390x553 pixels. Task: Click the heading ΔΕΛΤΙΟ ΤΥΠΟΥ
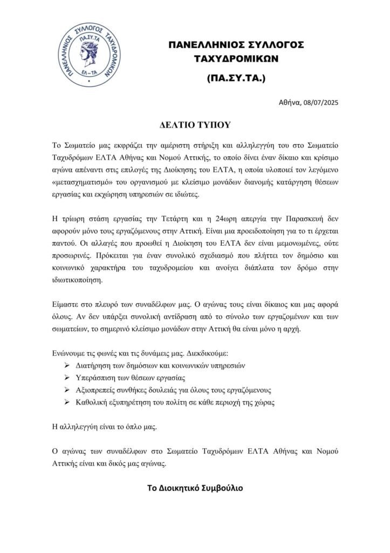(195, 125)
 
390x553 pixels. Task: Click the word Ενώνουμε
(72, 353)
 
